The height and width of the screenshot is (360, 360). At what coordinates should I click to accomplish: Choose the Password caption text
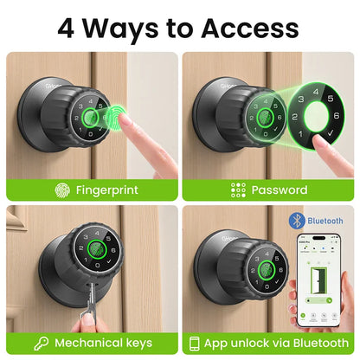pyautogui.click(x=279, y=190)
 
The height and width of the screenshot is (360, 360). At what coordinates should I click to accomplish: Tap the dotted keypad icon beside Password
pyautogui.click(x=240, y=190)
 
